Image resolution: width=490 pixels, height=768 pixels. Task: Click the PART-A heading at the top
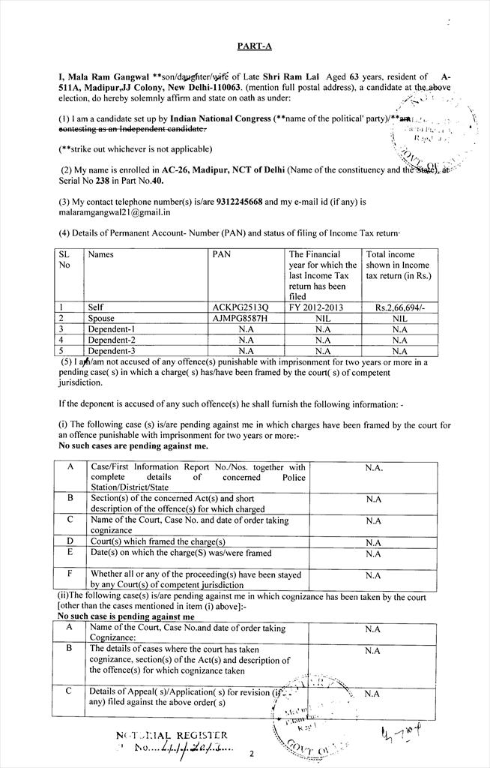(x=255, y=46)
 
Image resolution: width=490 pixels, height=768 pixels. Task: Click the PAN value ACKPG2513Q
(x=239, y=307)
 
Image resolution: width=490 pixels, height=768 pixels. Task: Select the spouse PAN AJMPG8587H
(x=239, y=318)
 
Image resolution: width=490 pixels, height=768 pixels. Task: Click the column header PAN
(x=222, y=254)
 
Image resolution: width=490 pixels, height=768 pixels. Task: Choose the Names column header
(x=100, y=254)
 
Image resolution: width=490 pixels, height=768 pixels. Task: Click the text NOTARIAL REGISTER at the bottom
(x=172, y=735)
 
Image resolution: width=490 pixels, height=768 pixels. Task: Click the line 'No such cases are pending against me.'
(x=133, y=446)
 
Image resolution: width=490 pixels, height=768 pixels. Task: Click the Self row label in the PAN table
(x=96, y=307)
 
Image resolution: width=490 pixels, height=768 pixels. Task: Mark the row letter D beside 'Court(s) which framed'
(x=70, y=541)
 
